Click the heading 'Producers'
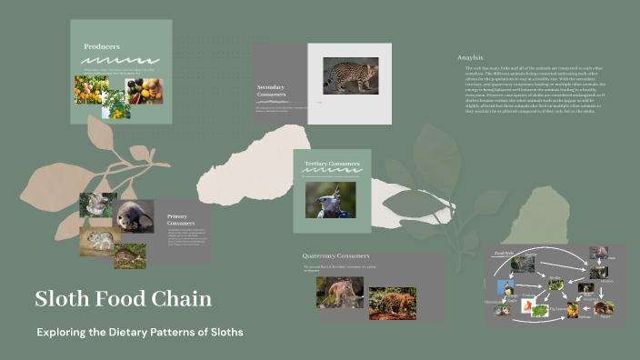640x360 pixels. [x=102, y=46]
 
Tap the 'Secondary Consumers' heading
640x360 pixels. [x=272, y=91]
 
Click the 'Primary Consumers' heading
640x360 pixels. [x=181, y=219]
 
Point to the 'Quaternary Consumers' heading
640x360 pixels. [x=336, y=256]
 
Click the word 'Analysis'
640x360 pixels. [x=470, y=57]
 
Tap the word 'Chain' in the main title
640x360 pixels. [x=185, y=299]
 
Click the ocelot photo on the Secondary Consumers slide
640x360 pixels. [x=351, y=75]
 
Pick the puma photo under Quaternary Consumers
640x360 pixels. [x=339, y=293]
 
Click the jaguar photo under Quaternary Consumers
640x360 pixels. [x=393, y=303]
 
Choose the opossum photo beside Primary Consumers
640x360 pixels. [x=134, y=217]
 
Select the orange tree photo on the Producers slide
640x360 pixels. [x=91, y=89]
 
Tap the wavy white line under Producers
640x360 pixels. [x=121, y=60]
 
